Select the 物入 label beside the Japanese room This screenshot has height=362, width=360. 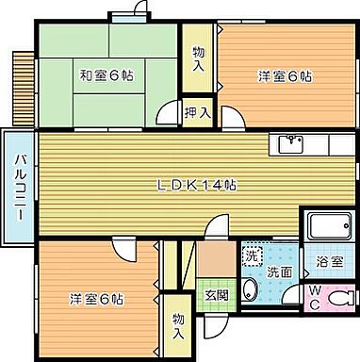[x=197, y=59]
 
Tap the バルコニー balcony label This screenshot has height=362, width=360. [x=19, y=187]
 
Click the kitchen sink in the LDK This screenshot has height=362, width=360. [x=290, y=144]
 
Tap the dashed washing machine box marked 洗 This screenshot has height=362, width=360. [x=252, y=255]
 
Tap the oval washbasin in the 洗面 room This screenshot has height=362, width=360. [x=250, y=289]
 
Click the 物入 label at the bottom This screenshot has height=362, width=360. [x=178, y=326]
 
